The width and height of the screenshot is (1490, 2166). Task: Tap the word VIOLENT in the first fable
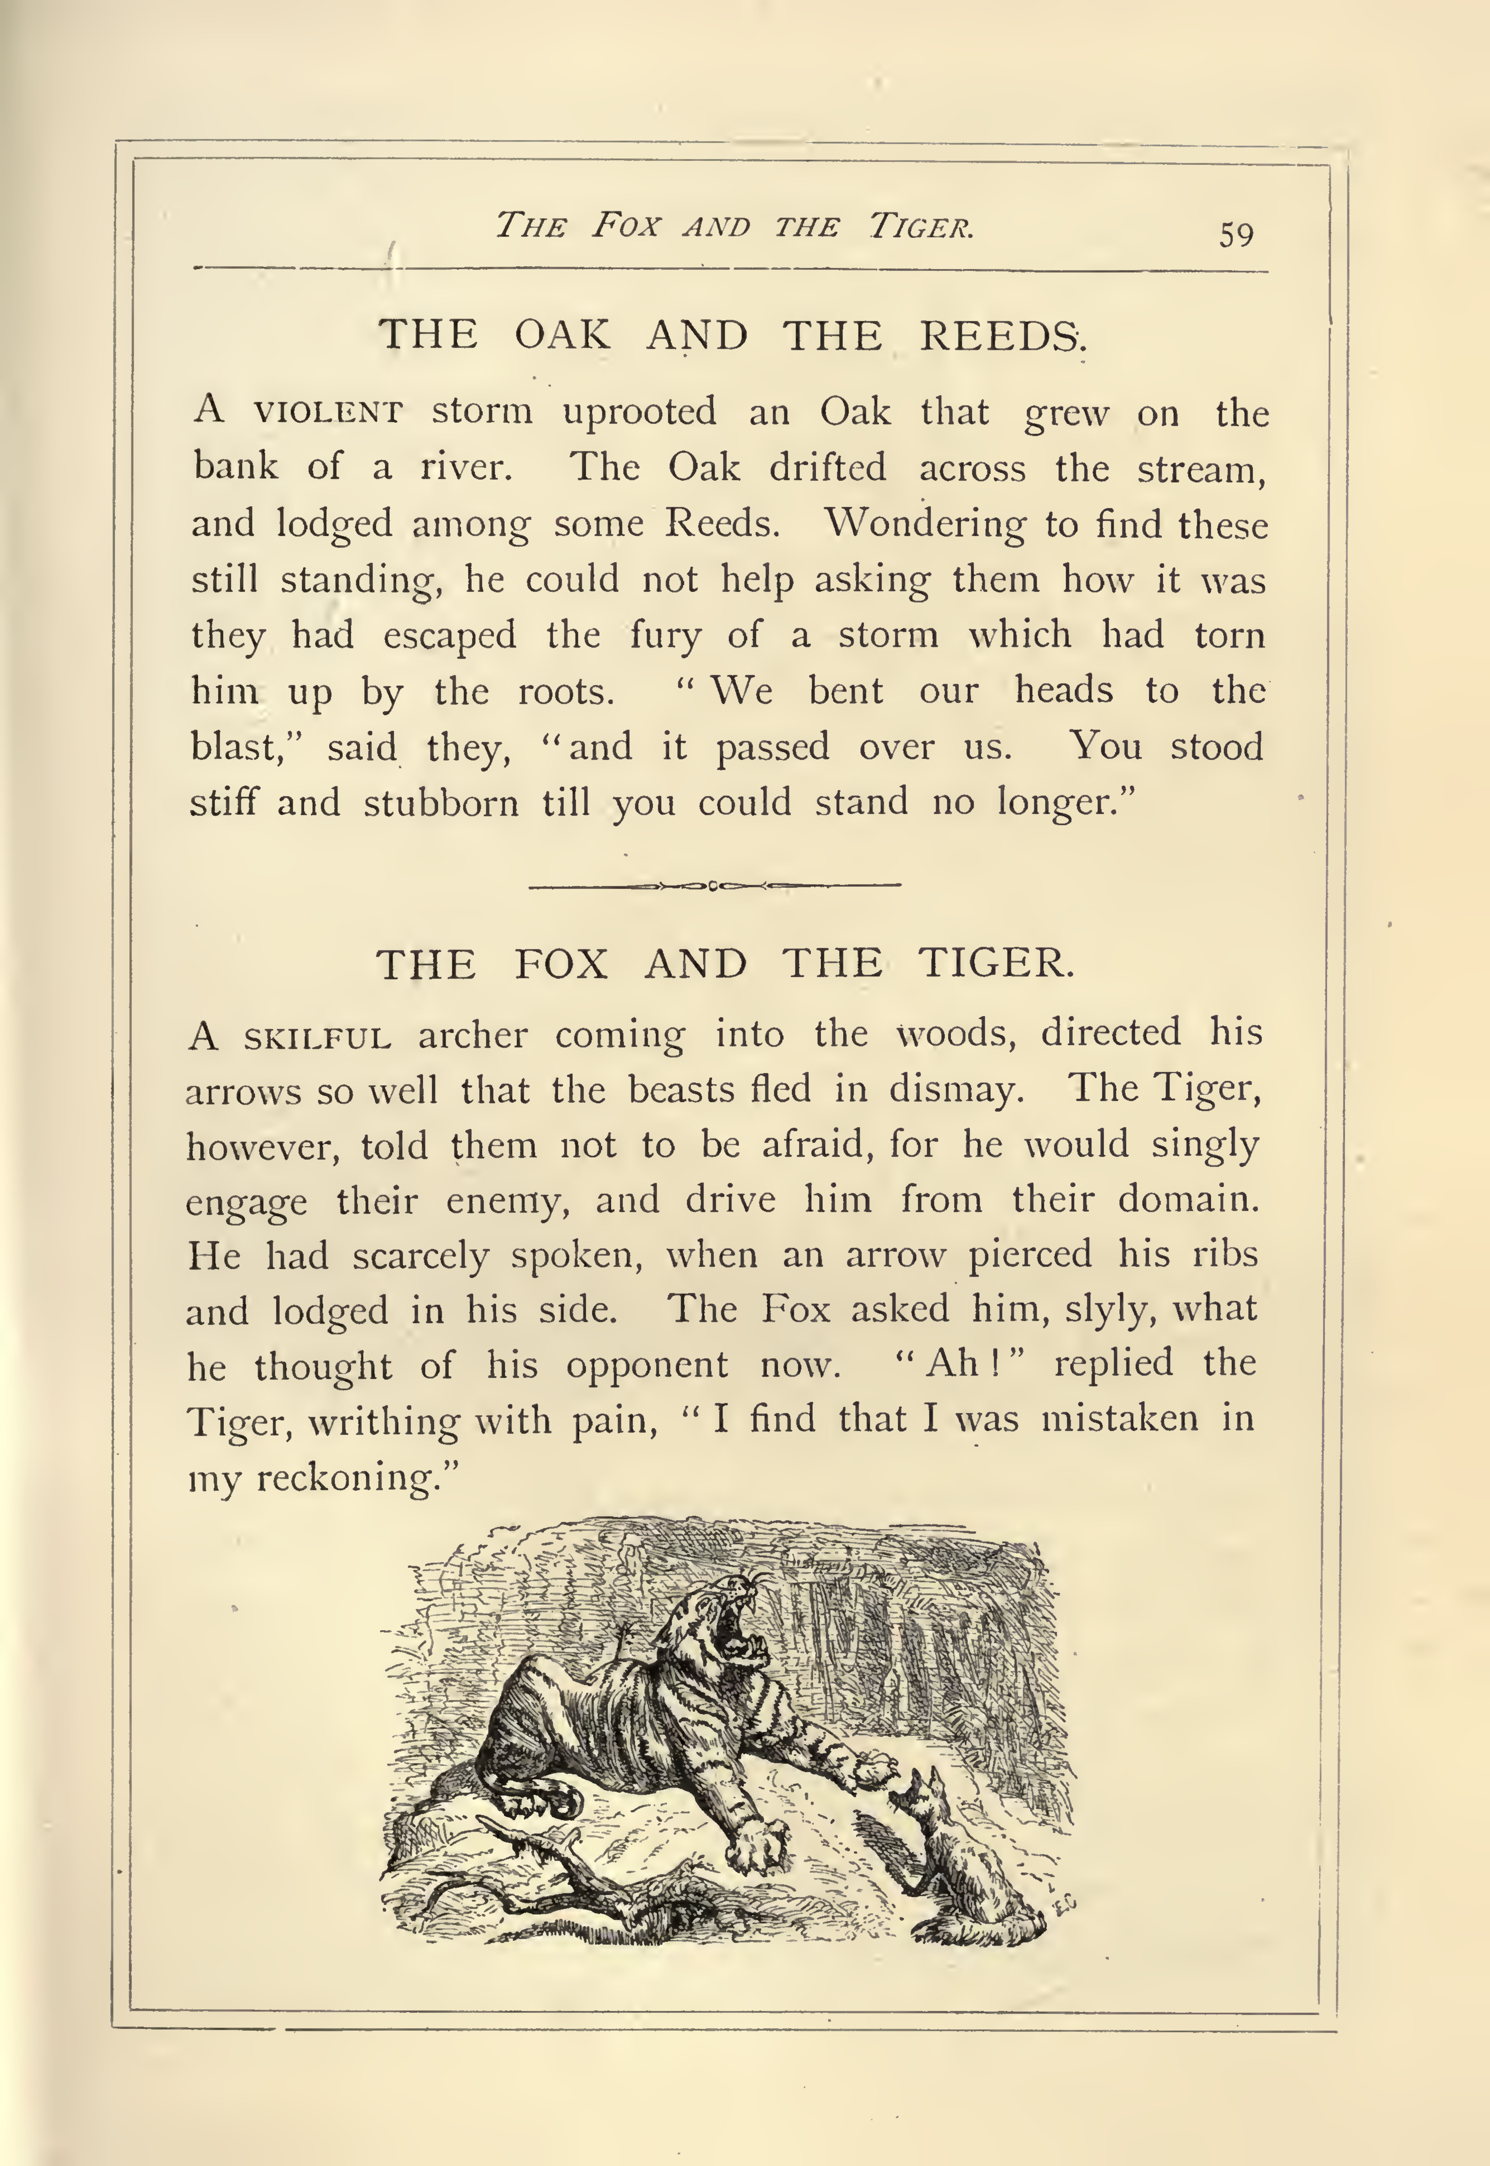[328, 412]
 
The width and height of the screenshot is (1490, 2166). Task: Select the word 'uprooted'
[640, 412]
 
